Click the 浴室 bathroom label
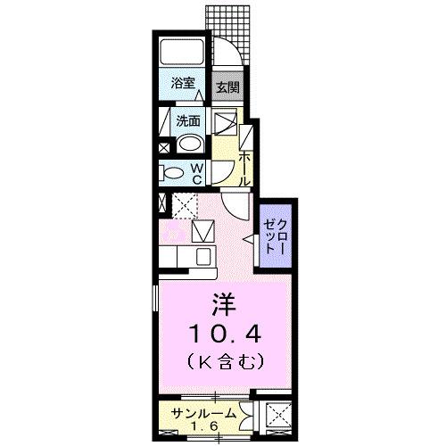[184, 83]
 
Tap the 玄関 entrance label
[227, 87]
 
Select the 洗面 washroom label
[187, 120]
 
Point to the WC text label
[198, 171]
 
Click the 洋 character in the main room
[221, 305]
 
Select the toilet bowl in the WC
[173, 172]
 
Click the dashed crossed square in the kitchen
[186, 205]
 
